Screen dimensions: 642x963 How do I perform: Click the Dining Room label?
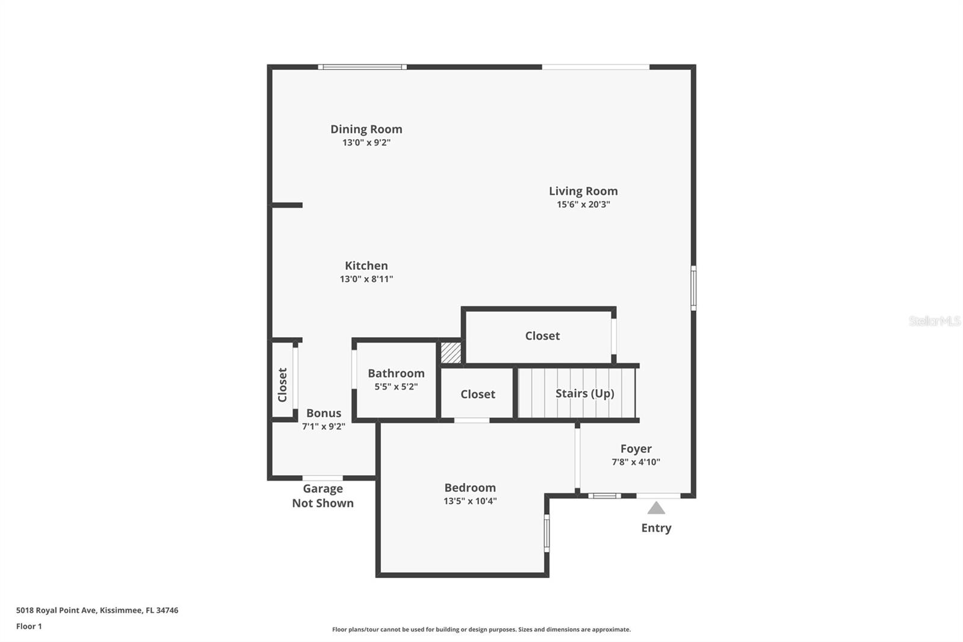tap(366, 129)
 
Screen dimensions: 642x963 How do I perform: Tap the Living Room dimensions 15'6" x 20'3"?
tap(583, 205)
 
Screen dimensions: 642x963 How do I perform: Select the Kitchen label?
tap(366, 266)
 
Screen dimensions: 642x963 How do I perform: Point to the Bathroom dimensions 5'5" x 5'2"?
tap(396, 387)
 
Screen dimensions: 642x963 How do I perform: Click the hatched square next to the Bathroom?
tap(451, 352)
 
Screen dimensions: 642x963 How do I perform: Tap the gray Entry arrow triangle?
tap(656, 508)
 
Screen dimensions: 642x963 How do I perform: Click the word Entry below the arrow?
tap(656, 528)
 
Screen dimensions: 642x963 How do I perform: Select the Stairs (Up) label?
tap(584, 393)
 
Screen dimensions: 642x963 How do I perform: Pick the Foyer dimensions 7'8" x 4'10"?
tap(636, 462)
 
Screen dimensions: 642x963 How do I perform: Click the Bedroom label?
tap(470, 488)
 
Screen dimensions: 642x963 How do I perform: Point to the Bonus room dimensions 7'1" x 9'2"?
tap(323, 426)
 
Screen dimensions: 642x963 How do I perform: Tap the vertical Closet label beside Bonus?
tap(282, 384)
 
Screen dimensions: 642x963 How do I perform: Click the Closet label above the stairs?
tap(542, 336)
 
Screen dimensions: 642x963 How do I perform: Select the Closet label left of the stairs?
tap(478, 394)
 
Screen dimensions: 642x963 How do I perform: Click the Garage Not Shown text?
tap(323, 496)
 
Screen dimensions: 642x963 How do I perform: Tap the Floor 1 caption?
tap(29, 626)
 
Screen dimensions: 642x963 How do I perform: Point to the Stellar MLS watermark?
tap(934, 321)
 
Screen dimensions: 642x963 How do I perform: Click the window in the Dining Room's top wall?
tap(362, 67)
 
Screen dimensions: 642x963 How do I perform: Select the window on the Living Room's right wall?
tap(693, 288)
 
